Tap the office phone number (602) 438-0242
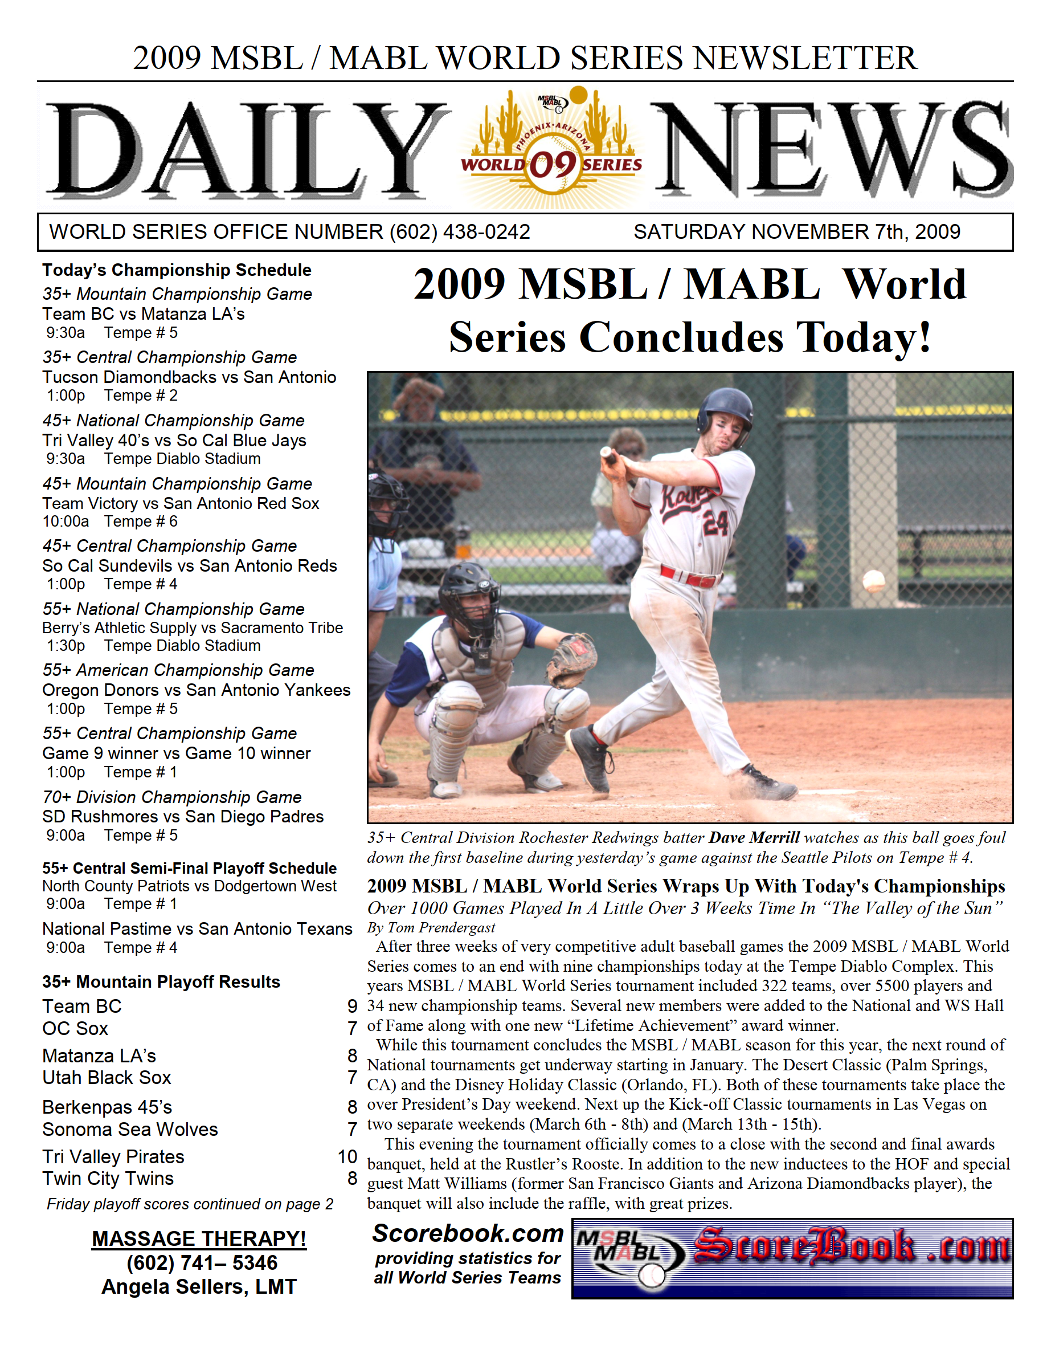point(459,232)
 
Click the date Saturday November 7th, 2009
point(796,232)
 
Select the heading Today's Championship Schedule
point(177,270)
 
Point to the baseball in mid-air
point(873,581)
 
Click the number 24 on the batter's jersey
point(715,522)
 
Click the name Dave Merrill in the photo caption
point(754,838)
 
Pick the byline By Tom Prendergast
point(431,928)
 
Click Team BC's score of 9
point(352,1007)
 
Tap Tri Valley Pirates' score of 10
point(347,1156)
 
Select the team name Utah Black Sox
point(107,1077)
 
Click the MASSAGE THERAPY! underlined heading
point(199,1238)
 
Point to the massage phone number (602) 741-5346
point(202,1262)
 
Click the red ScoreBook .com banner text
point(851,1246)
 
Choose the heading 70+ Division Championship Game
point(172,797)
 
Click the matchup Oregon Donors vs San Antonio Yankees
point(197,690)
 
